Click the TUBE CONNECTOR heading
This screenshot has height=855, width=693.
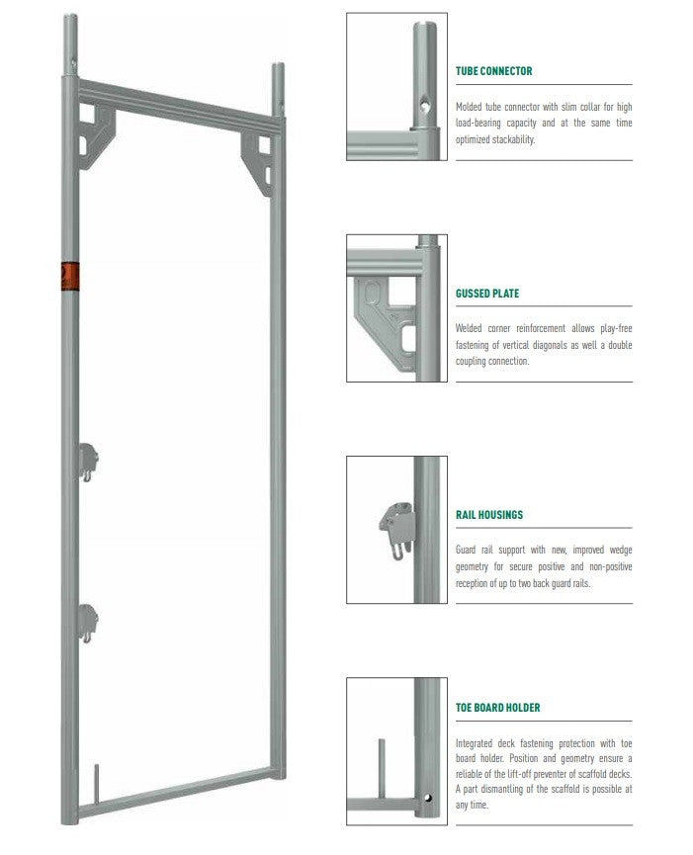pyautogui.click(x=493, y=71)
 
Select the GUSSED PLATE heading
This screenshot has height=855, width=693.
pyautogui.click(x=486, y=294)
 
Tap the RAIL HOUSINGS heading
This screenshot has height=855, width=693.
pyautogui.click(x=489, y=515)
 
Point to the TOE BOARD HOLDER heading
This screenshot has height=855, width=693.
pyautogui.click(x=497, y=708)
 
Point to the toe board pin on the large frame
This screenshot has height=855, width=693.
pyautogui.click(x=96, y=778)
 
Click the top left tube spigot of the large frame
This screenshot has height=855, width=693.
pyautogui.click(x=69, y=44)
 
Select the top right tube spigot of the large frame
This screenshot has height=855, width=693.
pyautogui.click(x=278, y=89)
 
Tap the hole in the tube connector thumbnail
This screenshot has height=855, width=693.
pyautogui.click(x=422, y=102)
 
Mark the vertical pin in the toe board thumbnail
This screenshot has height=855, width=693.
pyautogui.click(x=380, y=765)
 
